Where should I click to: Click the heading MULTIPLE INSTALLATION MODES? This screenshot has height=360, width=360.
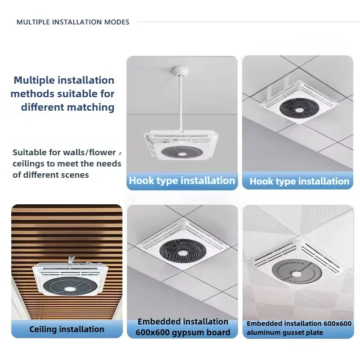click(73, 22)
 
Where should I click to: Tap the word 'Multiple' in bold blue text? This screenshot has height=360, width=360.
click(36, 81)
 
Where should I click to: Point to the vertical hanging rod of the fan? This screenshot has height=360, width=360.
click(180, 103)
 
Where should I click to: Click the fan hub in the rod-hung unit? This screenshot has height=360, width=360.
click(183, 154)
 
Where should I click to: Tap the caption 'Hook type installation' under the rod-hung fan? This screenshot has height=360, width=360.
click(182, 181)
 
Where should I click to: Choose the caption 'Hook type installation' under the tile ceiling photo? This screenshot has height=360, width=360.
click(299, 181)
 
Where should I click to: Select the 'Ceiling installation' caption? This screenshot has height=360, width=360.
click(67, 329)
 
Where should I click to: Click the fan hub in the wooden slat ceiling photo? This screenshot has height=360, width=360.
click(69, 288)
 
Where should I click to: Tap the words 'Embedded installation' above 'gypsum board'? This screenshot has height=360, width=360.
click(183, 322)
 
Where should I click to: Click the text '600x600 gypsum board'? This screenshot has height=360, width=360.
click(183, 333)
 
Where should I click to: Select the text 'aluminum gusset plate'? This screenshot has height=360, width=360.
click(284, 333)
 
